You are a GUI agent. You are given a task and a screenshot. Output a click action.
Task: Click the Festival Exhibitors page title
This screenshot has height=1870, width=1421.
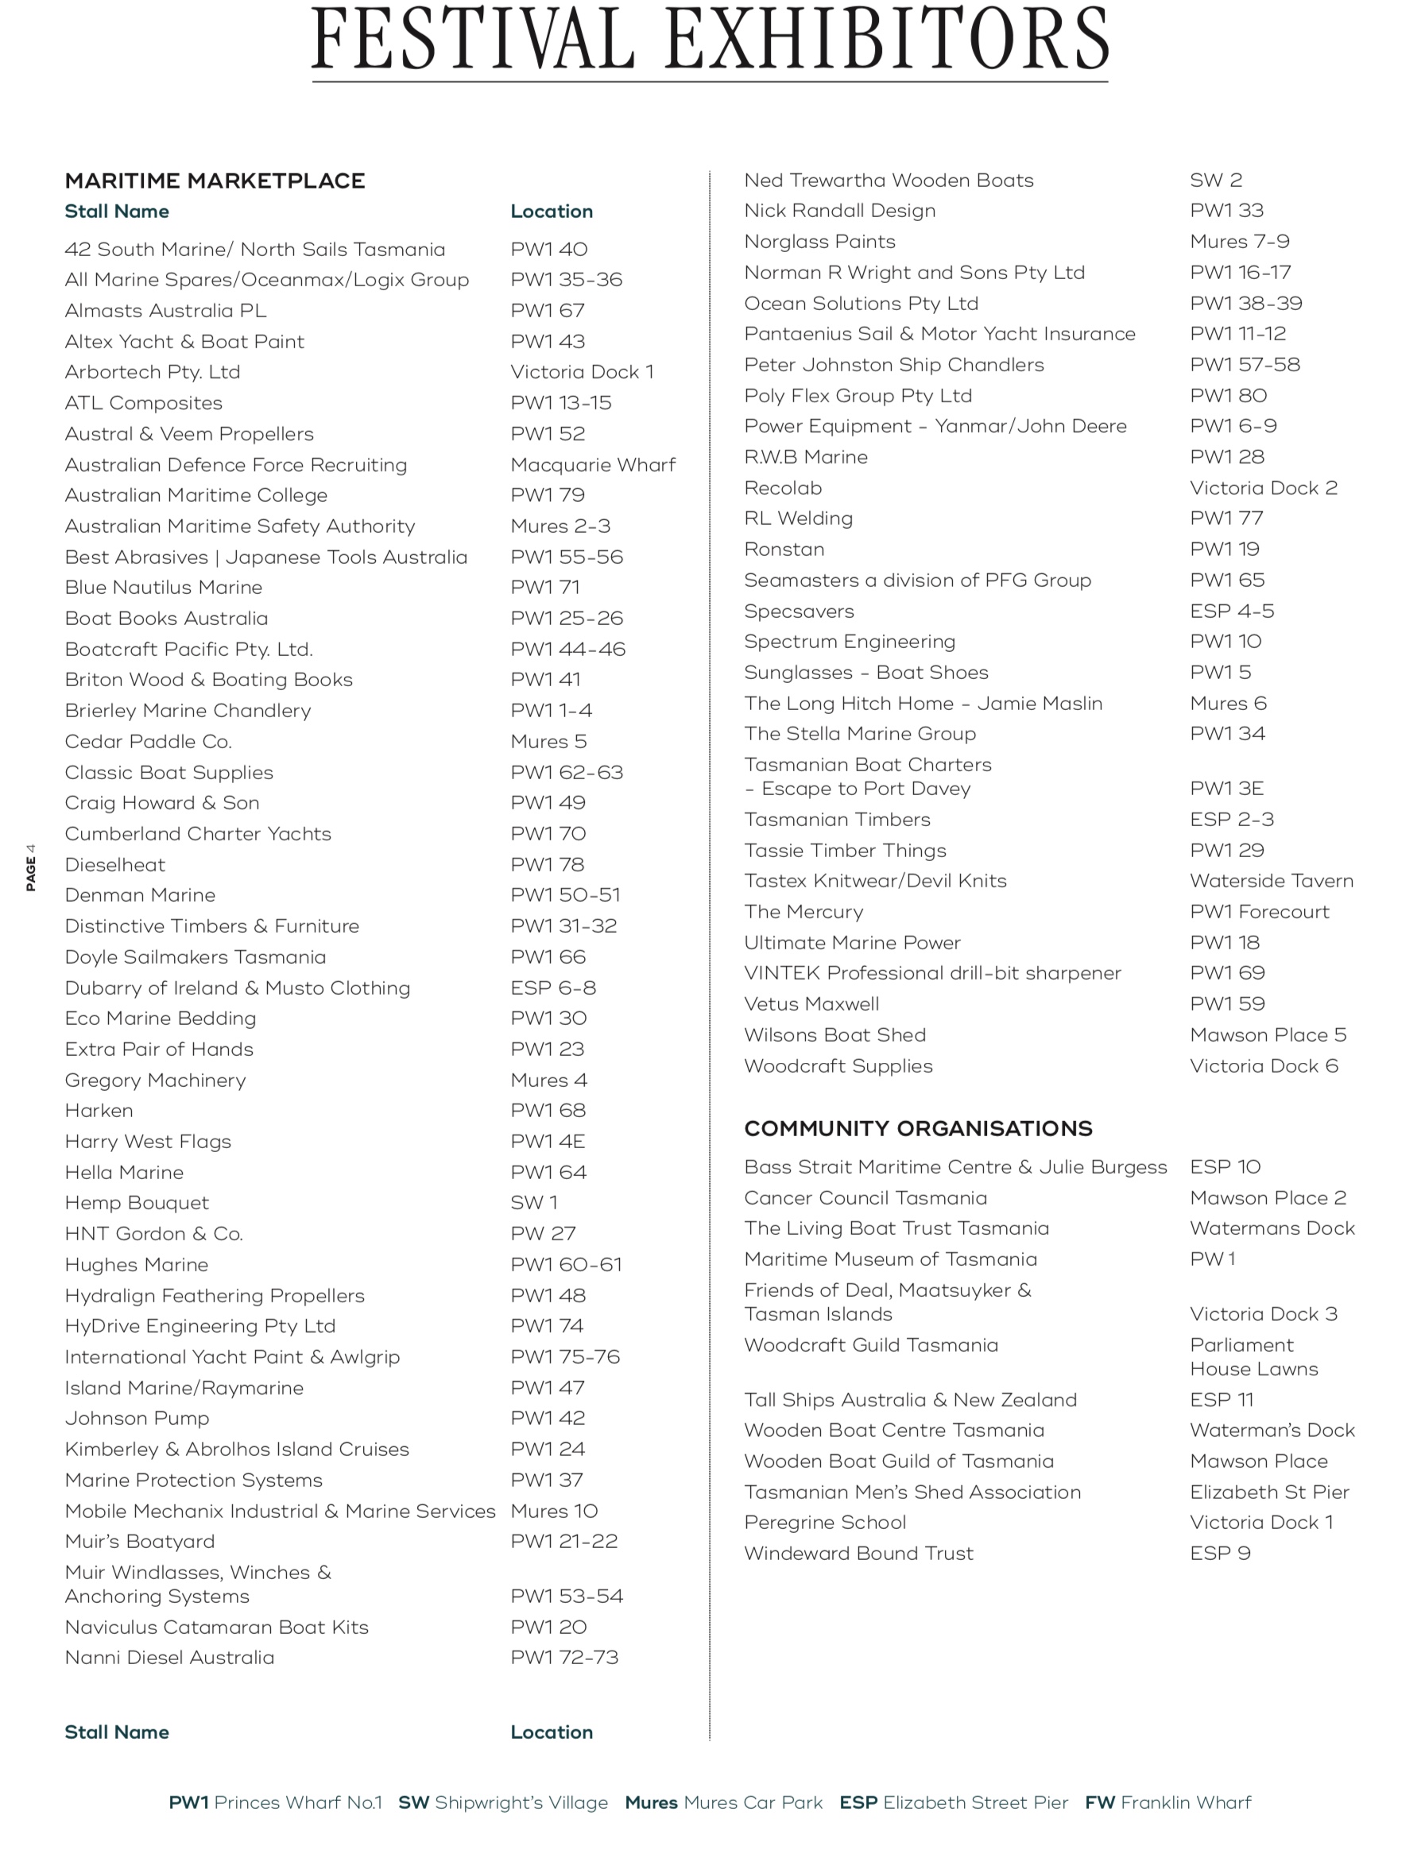(x=710, y=40)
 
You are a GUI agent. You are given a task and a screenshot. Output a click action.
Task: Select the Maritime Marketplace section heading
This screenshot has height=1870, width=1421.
(x=215, y=180)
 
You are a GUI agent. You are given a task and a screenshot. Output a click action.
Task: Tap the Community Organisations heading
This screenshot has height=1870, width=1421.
(x=918, y=1128)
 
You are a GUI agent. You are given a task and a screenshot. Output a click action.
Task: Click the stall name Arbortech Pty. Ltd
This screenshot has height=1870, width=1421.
(x=153, y=371)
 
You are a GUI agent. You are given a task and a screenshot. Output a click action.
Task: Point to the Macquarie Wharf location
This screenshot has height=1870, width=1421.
(x=593, y=464)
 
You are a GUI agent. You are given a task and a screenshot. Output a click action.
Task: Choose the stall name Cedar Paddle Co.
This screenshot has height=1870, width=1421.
(x=148, y=741)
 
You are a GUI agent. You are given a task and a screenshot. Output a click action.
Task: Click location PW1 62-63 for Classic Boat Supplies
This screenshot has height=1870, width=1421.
(x=567, y=773)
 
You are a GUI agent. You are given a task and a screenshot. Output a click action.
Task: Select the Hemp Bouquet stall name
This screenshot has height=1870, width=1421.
(x=136, y=1202)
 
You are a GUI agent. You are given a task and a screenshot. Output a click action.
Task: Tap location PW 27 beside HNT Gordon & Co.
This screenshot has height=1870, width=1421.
(x=543, y=1234)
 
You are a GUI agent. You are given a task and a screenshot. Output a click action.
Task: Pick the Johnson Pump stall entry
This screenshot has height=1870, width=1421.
(x=136, y=1418)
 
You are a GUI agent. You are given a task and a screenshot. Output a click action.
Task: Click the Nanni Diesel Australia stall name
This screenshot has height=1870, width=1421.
(x=169, y=1658)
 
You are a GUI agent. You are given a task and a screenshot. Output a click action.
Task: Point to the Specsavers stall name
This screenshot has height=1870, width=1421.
(x=799, y=611)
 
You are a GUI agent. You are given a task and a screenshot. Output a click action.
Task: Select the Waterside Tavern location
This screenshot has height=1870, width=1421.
(x=1272, y=881)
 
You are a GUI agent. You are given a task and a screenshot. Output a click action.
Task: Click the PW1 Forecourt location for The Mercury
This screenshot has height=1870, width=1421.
(x=1260, y=911)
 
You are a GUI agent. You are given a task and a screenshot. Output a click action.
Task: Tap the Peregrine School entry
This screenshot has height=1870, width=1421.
(x=825, y=1523)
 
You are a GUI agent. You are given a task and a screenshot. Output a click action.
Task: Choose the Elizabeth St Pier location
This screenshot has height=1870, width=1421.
(x=1268, y=1492)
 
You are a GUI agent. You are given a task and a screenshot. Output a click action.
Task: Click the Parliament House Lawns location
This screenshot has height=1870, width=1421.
(x=1253, y=1357)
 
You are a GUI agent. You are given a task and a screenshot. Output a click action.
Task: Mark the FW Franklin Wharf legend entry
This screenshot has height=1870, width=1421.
(x=1167, y=1802)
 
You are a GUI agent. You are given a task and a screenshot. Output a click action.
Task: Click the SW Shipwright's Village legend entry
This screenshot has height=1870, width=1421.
(x=502, y=1802)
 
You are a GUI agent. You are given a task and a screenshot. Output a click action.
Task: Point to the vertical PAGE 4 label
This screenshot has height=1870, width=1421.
(x=31, y=867)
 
